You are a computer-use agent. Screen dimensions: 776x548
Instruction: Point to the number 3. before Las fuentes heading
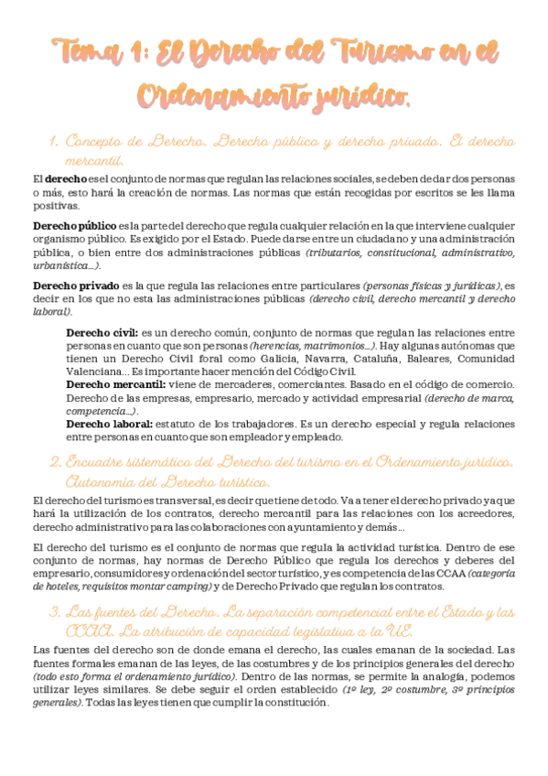pos(53,610)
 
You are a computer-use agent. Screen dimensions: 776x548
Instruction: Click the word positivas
pos(53,206)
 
